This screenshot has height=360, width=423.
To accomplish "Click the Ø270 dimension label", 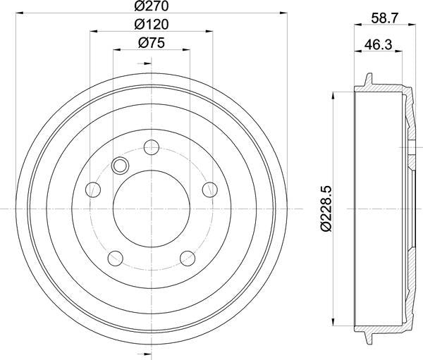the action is [x=152, y=6].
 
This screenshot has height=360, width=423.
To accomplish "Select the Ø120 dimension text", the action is [x=152, y=25].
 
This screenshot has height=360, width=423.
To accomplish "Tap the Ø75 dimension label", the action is [x=152, y=42].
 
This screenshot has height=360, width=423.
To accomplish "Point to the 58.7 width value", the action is [x=384, y=18].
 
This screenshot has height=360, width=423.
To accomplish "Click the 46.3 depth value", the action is [x=378, y=44].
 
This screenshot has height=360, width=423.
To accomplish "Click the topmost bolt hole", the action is [x=152, y=147].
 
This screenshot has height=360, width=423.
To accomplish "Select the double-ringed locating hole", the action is [x=121, y=166].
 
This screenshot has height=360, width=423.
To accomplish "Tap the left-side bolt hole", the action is [x=93, y=190].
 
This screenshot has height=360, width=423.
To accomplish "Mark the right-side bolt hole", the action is [x=210, y=190].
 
